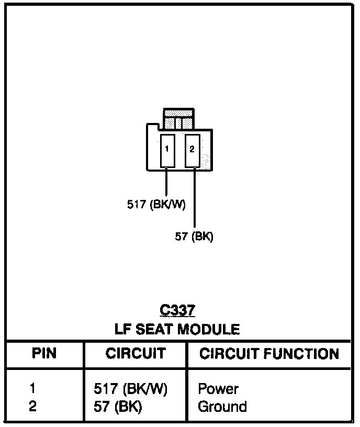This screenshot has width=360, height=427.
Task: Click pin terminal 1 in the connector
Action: pos(167,150)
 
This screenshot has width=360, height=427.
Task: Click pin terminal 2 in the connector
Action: pos(192,150)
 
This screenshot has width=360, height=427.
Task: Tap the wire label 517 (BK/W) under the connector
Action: pos(156,205)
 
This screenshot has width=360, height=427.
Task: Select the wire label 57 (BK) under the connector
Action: pos(194,237)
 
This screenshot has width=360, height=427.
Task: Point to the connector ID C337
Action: pos(178,311)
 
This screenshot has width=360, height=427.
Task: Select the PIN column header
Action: pos(44,354)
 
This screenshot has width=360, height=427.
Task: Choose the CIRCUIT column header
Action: pos(136,354)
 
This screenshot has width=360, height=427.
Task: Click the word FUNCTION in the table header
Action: pos(300,354)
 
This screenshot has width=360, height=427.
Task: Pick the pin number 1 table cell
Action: pos(32,389)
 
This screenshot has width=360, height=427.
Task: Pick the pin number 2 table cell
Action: pos(32,406)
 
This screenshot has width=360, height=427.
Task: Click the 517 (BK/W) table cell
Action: pos(130,389)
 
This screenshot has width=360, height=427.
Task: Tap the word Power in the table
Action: pos(218,389)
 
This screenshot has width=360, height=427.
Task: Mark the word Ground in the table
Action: pos(222,407)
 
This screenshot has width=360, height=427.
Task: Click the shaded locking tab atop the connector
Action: pos(179,119)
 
